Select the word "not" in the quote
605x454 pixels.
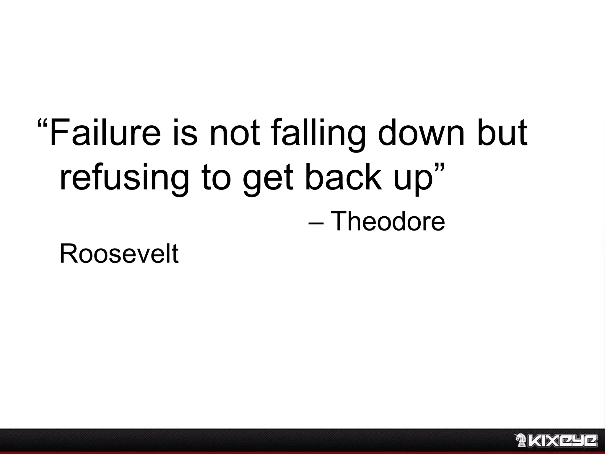coord(235,132)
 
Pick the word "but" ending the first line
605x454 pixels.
coord(502,132)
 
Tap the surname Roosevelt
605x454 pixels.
coord(119,254)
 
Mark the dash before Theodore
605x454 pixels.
coord(316,223)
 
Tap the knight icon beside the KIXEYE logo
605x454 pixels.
coord(520,440)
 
